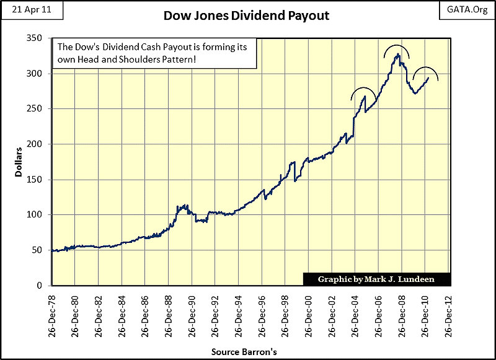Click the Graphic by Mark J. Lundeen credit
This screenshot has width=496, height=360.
click(x=376, y=279)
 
